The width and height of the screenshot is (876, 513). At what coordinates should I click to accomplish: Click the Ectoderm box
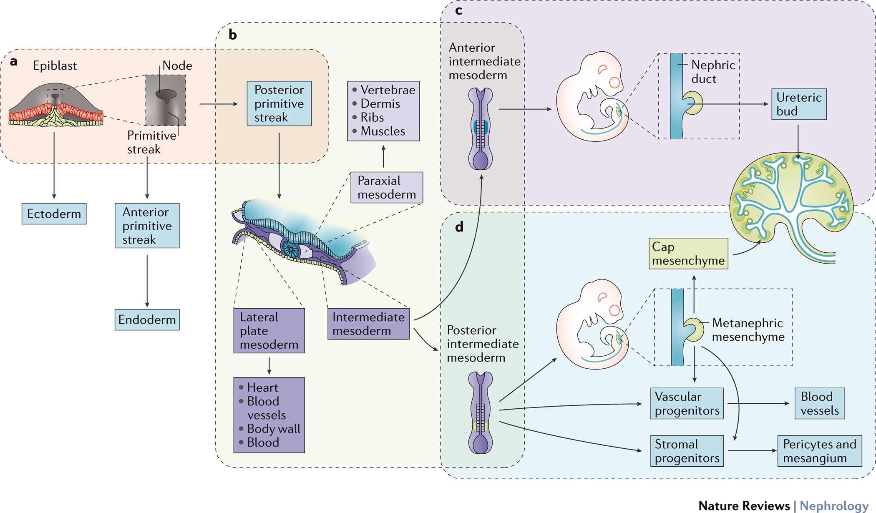point(54,214)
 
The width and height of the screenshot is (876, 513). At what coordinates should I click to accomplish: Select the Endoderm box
point(147,320)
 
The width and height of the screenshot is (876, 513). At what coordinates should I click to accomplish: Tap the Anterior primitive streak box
point(147,226)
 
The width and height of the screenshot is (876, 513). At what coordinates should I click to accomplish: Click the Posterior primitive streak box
point(279,103)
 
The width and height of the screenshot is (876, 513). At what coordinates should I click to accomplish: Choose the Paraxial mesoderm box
point(386,188)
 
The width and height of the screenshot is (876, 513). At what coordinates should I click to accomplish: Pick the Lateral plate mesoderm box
point(269,331)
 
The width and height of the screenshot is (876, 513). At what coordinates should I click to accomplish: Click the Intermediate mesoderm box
point(368,324)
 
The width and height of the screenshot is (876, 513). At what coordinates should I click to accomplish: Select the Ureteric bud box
point(798,104)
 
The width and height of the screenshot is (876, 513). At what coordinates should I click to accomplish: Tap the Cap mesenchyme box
point(688,254)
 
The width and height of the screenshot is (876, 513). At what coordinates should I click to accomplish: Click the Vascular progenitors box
point(687,404)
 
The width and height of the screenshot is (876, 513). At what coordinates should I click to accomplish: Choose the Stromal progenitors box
point(687,451)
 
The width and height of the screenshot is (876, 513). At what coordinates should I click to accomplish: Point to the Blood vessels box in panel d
point(819,404)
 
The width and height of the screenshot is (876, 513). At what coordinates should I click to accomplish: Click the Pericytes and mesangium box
point(819,451)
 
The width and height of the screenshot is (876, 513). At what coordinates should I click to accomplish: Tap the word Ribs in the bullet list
point(372,117)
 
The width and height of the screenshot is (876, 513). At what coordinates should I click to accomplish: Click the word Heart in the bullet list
point(262,387)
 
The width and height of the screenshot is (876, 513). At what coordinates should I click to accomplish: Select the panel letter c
point(458,10)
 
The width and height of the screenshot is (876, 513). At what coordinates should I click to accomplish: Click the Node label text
point(177,65)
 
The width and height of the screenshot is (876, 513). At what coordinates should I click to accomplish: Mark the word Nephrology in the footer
point(834,506)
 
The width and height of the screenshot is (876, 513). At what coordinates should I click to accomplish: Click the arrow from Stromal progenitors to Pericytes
point(752,451)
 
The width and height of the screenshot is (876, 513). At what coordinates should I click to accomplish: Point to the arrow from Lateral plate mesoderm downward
point(269,365)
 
